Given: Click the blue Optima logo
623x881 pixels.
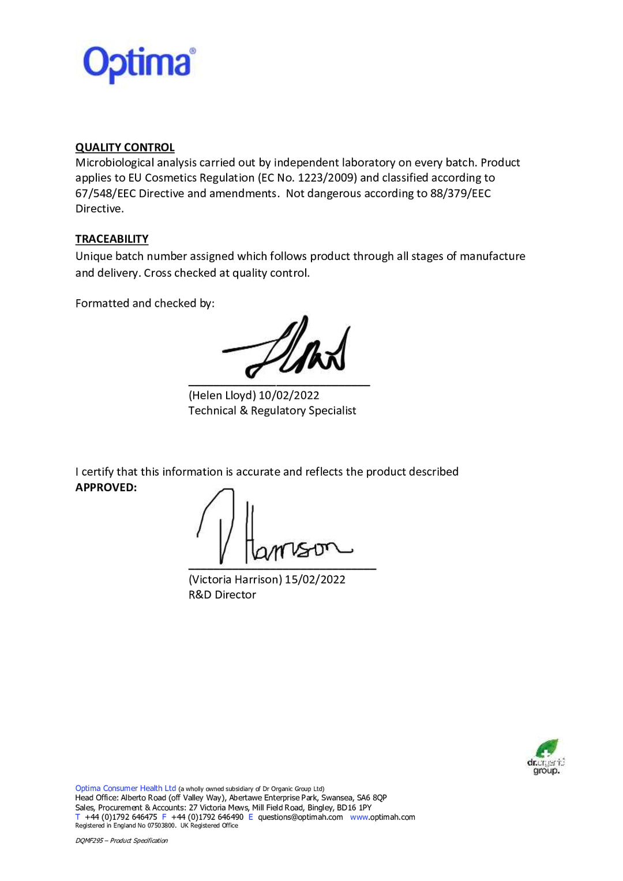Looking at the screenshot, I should tap(138, 63).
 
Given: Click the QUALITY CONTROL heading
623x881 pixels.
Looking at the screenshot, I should tap(125, 148).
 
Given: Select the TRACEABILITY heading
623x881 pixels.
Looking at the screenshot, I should tap(112, 239).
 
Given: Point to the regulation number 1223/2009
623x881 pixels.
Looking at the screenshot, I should tap(327, 178).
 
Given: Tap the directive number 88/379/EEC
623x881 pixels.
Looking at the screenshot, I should tap(460, 194).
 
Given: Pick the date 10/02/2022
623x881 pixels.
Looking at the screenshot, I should tap(288, 396).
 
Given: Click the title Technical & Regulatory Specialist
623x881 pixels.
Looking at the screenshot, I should tap(272, 411).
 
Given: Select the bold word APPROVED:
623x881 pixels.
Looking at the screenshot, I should tap(106, 488).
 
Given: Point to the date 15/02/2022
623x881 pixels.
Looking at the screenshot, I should tap(315, 580).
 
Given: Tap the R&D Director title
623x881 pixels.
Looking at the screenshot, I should tap(222, 595).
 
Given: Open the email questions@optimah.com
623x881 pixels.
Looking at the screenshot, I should tap(300, 817).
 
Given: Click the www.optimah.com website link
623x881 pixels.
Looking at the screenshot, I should tap(382, 817).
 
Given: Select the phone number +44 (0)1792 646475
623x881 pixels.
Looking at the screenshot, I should tap(121, 817).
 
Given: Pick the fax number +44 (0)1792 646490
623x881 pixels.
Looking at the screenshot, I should tap(207, 817).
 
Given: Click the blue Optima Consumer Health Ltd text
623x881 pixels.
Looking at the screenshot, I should tap(125, 788).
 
